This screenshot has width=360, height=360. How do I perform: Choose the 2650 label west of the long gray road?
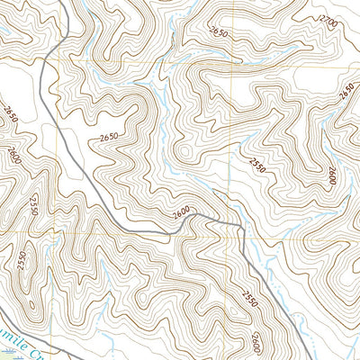coord(109,136)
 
